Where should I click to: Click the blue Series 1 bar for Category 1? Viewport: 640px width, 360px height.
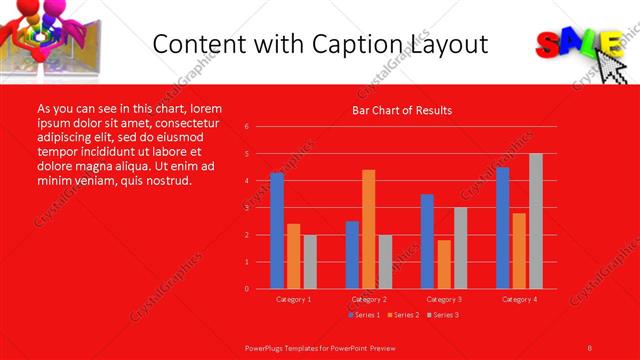[277, 230]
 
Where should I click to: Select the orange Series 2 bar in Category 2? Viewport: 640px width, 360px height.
[368, 229]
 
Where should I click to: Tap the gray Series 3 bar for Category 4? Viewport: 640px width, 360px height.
[535, 221]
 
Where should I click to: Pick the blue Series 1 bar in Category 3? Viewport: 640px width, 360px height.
[427, 241]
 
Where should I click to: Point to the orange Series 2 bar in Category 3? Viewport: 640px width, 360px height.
[443, 264]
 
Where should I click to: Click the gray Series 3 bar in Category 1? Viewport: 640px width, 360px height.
[309, 262]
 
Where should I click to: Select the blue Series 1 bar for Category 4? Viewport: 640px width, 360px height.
[502, 228]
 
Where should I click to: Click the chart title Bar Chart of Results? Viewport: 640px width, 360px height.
[402, 110]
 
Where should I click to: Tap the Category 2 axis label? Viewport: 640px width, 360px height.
[368, 299]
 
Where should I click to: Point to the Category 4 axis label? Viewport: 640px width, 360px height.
[518, 299]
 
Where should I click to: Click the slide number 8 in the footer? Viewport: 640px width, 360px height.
[590, 347]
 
